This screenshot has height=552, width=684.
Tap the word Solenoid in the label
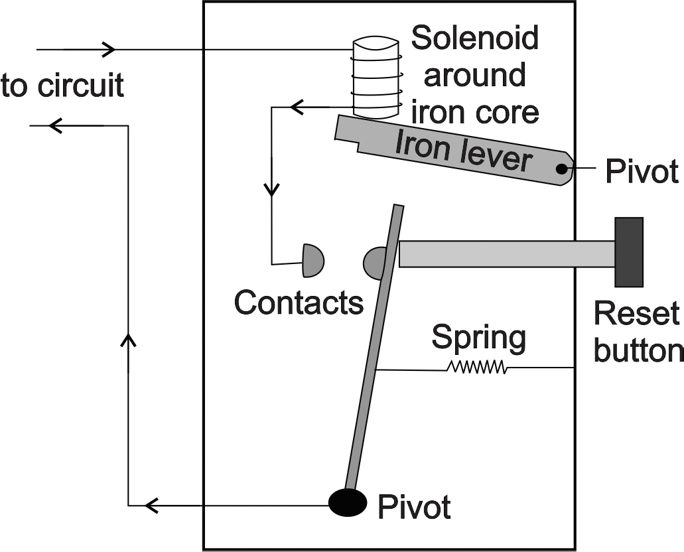(474, 38)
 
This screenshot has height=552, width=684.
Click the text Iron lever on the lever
(463, 151)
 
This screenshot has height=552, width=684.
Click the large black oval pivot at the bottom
(348, 502)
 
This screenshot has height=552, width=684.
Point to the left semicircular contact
(312, 261)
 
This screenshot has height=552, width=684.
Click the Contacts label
(299, 303)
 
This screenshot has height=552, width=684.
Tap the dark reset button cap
(628, 252)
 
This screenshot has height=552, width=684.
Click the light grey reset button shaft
(508, 254)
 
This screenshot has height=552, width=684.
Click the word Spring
(478, 338)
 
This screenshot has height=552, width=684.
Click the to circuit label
(62, 86)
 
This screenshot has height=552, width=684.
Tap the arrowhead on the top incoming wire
(108, 49)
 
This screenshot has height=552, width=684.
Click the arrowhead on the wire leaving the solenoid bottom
(295, 106)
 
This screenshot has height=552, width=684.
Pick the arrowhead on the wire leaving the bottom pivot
(152, 506)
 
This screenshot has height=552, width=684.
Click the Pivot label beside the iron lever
(642, 172)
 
